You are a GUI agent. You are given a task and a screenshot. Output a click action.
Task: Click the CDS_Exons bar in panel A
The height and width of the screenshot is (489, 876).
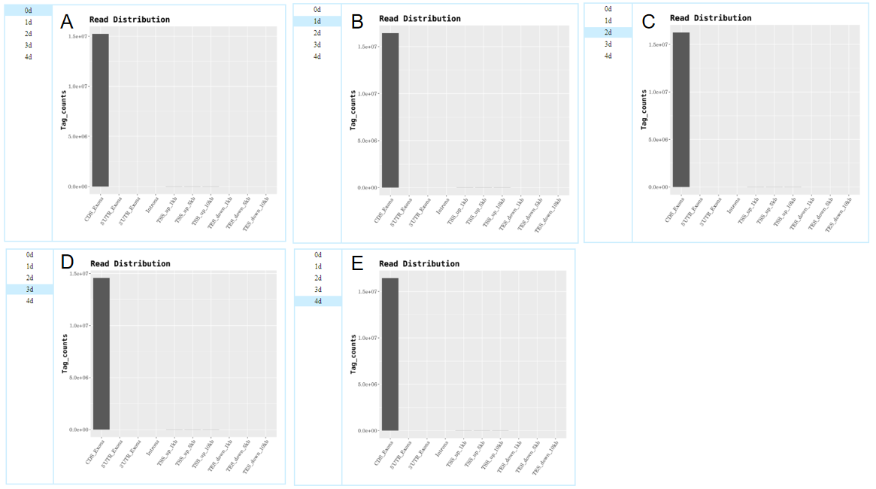pos(100,110)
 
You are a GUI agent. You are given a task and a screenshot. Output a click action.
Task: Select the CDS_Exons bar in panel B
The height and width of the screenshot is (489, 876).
pos(390,110)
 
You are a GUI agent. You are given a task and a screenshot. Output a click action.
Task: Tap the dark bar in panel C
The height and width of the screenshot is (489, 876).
pos(680,110)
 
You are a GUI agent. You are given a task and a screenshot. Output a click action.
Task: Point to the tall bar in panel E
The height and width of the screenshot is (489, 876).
pos(390,354)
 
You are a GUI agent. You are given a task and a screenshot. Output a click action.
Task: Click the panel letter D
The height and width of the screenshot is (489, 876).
pos(67,262)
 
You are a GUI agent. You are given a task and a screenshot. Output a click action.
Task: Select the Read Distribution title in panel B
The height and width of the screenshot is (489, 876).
pos(420,18)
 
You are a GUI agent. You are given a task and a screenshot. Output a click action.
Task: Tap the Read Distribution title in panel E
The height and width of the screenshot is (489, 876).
pos(419,264)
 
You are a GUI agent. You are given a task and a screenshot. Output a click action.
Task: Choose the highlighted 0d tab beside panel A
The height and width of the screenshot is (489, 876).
pos(29,11)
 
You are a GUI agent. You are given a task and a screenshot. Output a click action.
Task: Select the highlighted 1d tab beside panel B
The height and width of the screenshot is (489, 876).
pos(317,21)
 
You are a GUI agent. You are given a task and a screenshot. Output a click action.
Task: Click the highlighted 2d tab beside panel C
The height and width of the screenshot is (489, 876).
pos(608,32)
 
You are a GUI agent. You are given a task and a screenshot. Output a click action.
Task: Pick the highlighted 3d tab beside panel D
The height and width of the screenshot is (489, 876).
pos(29,290)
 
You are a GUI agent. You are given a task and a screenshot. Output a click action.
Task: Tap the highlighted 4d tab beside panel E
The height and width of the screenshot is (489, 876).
pos(318,301)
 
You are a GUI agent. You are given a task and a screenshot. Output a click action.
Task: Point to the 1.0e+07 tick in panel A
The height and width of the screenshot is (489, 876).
pos(77,87)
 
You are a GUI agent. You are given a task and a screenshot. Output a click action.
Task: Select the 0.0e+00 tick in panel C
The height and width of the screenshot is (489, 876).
pos(658,187)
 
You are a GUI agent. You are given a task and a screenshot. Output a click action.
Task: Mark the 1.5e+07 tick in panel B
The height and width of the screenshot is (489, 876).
pos(368,47)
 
